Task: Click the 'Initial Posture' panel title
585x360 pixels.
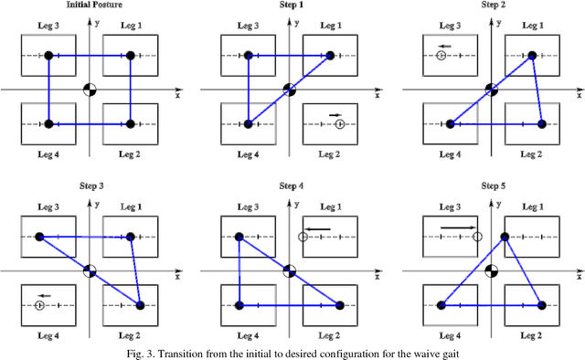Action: [x=90, y=6]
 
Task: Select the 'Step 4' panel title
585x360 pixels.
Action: [x=291, y=186]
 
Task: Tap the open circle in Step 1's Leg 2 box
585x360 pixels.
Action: [x=340, y=123]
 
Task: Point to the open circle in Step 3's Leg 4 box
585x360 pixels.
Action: [x=39, y=305]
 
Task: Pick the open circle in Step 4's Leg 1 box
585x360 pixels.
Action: [x=303, y=238]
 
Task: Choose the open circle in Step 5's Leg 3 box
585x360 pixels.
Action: [x=476, y=238]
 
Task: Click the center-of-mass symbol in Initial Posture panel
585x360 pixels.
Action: [x=90, y=89]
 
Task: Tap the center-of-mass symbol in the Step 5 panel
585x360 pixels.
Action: [x=491, y=270]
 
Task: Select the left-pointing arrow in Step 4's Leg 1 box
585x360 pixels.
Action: [x=317, y=228]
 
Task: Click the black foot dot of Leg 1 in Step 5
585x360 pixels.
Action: [x=505, y=238]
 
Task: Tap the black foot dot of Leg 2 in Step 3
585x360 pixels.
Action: [x=140, y=305]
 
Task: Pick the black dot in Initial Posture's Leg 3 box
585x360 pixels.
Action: [x=48, y=56]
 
